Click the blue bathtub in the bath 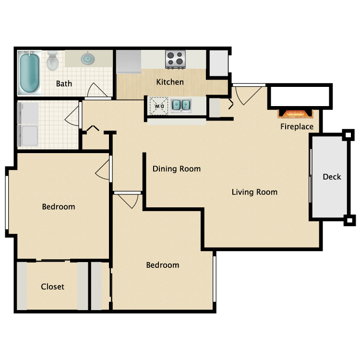pyautogui.click(x=30, y=73)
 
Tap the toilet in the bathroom pyautogui.click(x=52, y=61)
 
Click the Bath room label pyautogui.click(x=64, y=84)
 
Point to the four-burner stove pyautogui.click(x=176, y=60)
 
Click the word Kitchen pyautogui.click(x=170, y=82)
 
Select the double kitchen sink pyautogui.click(x=181, y=105)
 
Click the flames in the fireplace pyautogui.click(x=296, y=114)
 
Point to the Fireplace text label pyautogui.click(x=297, y=127)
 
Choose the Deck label pyautogui.click(x=332, y=177)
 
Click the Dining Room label pyautogui.click(x=177, y=169)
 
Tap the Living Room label pyautogui.click(x=254, y=192)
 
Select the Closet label pyautogui.click(x=52, y=287)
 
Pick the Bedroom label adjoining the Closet pyautogui.click(x=59, y=207)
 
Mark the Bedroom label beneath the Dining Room pyautogui.click(x=163, y=265)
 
